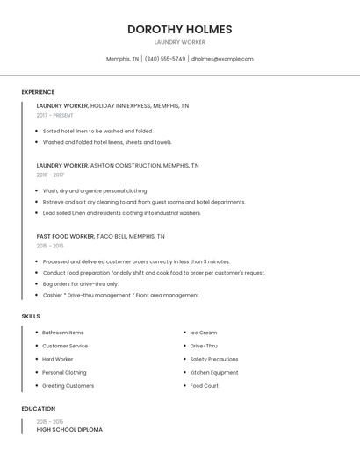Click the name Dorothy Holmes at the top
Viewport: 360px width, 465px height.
(x=179, y=29)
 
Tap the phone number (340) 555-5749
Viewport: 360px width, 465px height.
(x=165, y=59)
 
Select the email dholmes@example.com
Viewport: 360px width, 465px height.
(x=222, y=59)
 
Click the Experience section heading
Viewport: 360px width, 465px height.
(x=38, y=92)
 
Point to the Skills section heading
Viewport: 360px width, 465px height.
(x=31, y=316)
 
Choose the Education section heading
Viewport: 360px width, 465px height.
(x=39, y=409)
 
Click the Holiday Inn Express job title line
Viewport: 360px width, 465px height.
(x=112, y=105)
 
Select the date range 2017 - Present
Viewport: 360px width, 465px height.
(x=54, y=115)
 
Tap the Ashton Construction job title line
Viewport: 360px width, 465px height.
(x=118, y=165)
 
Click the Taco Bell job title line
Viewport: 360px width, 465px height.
(x=100, y=236)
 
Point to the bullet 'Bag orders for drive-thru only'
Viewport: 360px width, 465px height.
(x=80, y=284)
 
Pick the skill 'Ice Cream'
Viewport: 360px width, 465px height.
(x=203, y=333)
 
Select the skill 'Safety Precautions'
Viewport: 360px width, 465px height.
(x=213, y=359)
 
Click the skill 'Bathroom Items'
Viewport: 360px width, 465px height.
(x=62, y=333)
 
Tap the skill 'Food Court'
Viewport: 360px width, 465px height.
(x=204, y=386)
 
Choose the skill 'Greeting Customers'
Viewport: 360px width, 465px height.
(x=68, y=386)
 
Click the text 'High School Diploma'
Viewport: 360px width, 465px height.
(x=69, y=430)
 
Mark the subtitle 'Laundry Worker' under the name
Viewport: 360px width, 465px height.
(x=179, y=42)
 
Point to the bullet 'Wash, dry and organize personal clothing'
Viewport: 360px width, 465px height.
(x=95, y=190)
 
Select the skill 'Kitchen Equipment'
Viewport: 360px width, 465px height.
(x=213, y=372)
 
